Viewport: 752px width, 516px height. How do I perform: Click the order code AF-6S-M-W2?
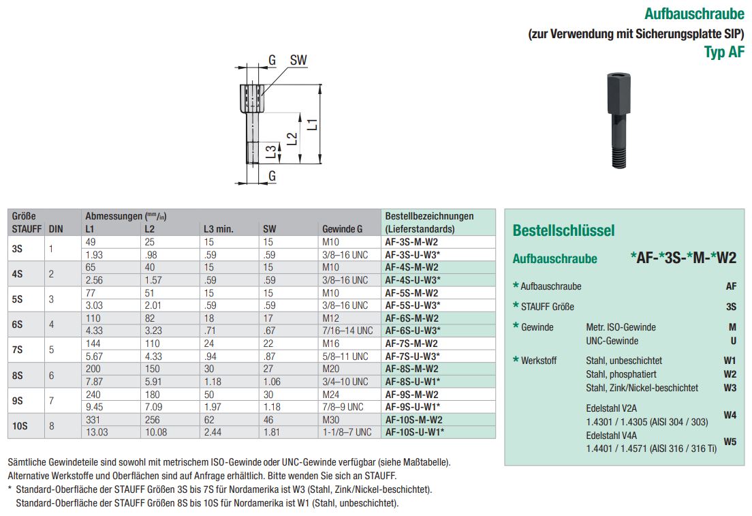click(411, 318)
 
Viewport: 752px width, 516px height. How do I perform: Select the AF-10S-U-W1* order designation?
click(413, 432)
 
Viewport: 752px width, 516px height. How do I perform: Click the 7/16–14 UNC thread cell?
click(347, 331)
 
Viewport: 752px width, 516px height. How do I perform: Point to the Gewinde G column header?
click(342, 229)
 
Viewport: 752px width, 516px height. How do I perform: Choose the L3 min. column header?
click(219, 229)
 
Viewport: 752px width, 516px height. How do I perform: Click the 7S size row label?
click(17, 350)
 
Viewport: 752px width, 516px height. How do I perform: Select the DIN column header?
click(56, 229)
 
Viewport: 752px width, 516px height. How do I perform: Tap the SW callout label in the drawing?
click(298, 61)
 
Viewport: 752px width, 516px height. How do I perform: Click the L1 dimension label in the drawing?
click(311, 124)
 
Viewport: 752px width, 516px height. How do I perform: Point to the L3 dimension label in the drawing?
click(271, 152)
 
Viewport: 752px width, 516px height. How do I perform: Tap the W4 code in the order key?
click(730, 414)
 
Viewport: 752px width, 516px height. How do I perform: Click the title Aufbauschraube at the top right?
click(694, 14)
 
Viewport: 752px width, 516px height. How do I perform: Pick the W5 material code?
click(730, 442)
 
